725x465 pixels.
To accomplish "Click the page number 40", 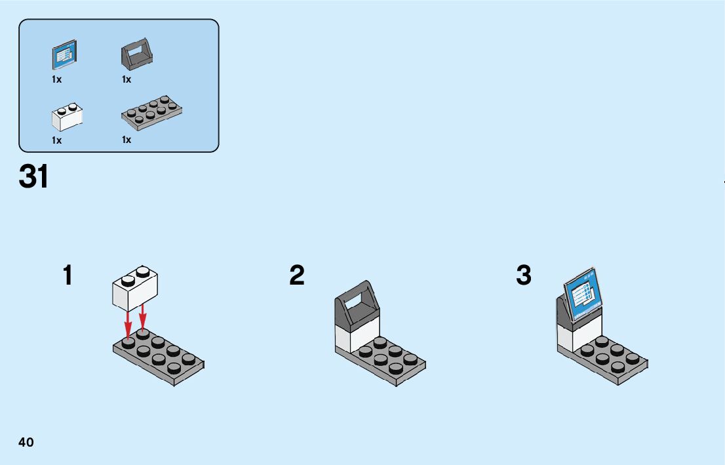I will pyautogui.click(x=26, y=443).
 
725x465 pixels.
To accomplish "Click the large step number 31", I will pyautogui.click(x=34, y=176).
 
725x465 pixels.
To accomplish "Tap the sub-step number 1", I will pyautogui.click(x=68, y=275).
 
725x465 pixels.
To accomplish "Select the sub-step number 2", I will pyautogui.click(x=297, y=275).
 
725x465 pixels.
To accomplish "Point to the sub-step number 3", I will pyautogui.click(x=524, y=275).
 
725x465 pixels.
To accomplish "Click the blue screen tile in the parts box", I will pyautogui.click(x=65, y=56).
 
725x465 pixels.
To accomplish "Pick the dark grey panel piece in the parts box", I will pyautogui.click(x=137, y=54).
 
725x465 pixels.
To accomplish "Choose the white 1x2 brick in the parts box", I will pyautogui.click(x=67, y=117).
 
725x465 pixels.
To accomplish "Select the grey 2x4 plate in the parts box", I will pyautogui.click(x=151, y=111).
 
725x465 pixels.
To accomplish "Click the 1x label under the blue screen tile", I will pyautogui.click(x=57, y=79).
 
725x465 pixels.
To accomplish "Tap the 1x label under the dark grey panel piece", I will pyautogui.click(x=127, y=79).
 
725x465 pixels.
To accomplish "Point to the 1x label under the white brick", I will pyautogui.click(x=57, y=140).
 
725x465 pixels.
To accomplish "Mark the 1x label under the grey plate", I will pyautogui.click(x=127, y=140).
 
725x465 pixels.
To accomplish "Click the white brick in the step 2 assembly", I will pyautogui.click(x=347, y=337).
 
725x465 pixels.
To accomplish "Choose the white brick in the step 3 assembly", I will pyautogui.click(x=570, y=338).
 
